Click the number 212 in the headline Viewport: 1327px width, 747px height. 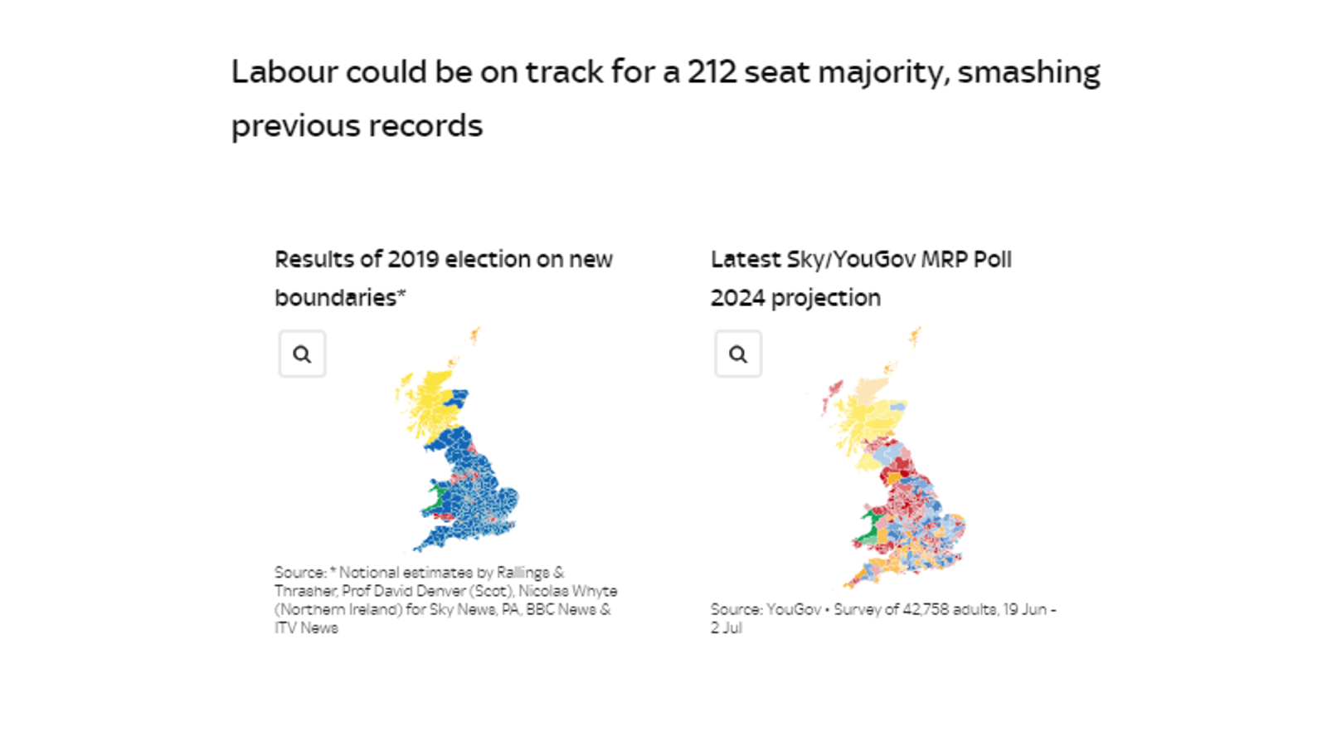(x=712, y=72)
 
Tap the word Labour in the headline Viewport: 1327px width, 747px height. (x=284, y=72)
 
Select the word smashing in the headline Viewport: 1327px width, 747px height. (x=1028, y=72)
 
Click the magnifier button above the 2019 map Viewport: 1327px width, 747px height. (x=302, y=354)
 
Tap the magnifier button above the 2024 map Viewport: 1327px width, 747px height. (x=738, y=354)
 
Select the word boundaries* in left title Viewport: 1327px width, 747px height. (x=340, y=298)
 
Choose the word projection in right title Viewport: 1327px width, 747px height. (x=825, y=298)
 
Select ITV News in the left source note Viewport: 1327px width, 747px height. (x=307, y=628)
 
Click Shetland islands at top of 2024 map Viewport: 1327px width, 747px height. (x=915, y=336)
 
